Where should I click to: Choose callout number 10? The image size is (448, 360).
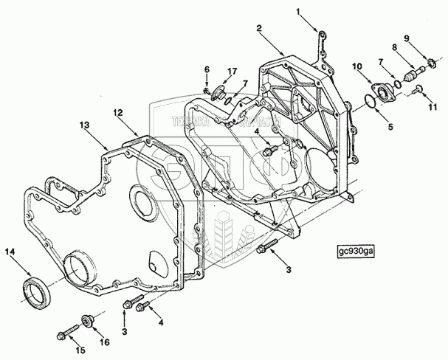(x=357, y=66)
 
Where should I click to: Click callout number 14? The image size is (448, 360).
(x=10, y=252)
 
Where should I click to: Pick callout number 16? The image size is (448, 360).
(x=104, y=342)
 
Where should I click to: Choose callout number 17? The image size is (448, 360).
(x=232, y=71)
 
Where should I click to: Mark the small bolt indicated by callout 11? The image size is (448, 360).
(x=418, y=90)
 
